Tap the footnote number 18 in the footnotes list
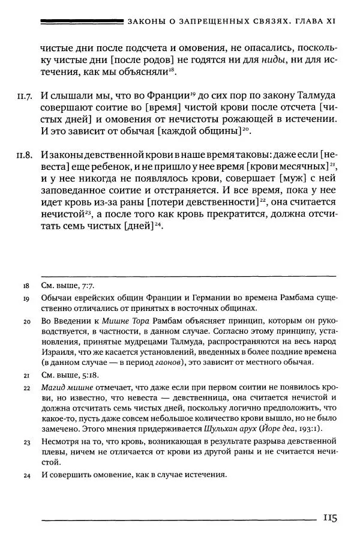click(x=26, y=287)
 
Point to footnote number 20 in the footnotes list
click(x=26, y=322)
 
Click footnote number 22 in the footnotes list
click(x=26, y=388)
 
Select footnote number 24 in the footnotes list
click(x=26, y=475)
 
